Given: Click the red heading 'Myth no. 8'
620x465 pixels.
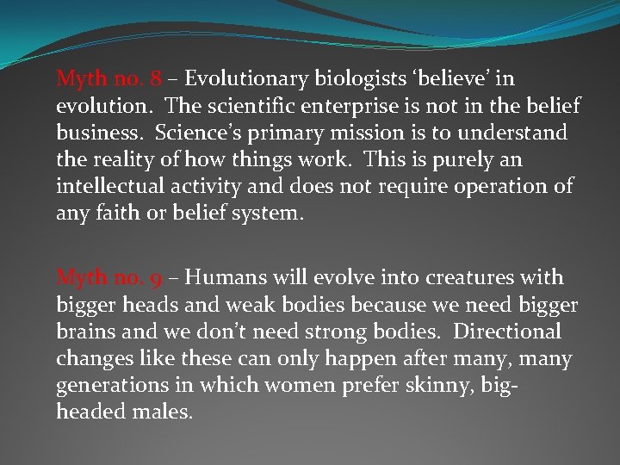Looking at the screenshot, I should tap(108, 79).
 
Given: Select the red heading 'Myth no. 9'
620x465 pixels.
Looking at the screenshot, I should tap(108, 278).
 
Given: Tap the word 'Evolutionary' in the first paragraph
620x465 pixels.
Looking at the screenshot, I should tap(245, 79).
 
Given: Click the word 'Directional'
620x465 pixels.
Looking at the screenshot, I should tap(506, 332).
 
